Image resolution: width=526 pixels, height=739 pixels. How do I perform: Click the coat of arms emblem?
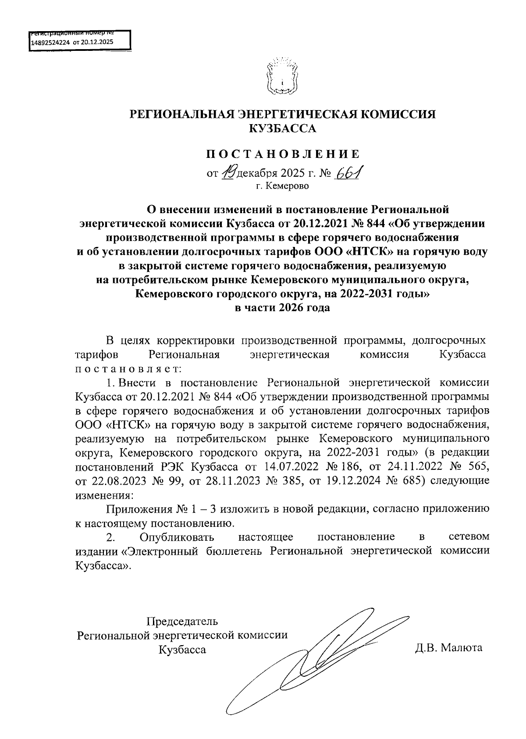click(x=282, y=77)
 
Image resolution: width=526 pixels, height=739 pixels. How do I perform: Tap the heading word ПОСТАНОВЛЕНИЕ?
click(x=283, y=154)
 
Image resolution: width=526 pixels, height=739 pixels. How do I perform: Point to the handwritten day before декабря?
click(x=228, y=174)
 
